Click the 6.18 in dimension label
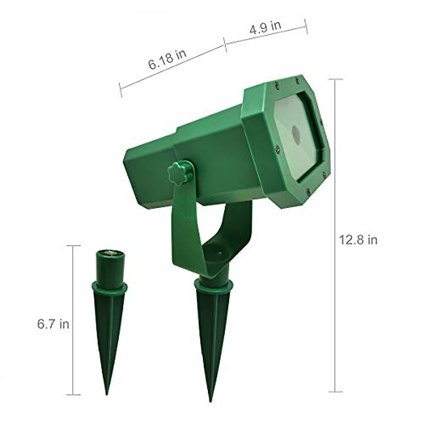point(167,60)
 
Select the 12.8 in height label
point(358,240)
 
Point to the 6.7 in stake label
point(53,324)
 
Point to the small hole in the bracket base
point(219,254)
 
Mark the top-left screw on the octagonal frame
point(275,84)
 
